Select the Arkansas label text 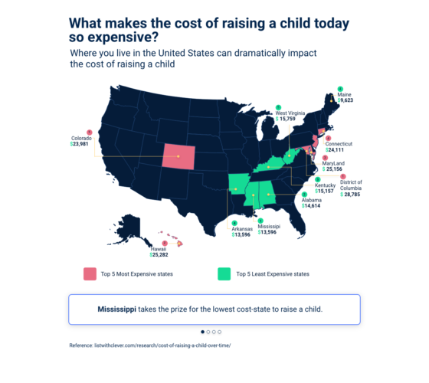pyautogui.click(x=244, y=228)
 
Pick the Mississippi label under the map pyautogui.click(x=269, y=227)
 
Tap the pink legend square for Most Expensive pyautogui.click(x=90, y=273)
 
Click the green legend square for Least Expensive pyautogui.click(x=224, y=273)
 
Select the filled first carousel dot pyautogui.click(x=203, y=332)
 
